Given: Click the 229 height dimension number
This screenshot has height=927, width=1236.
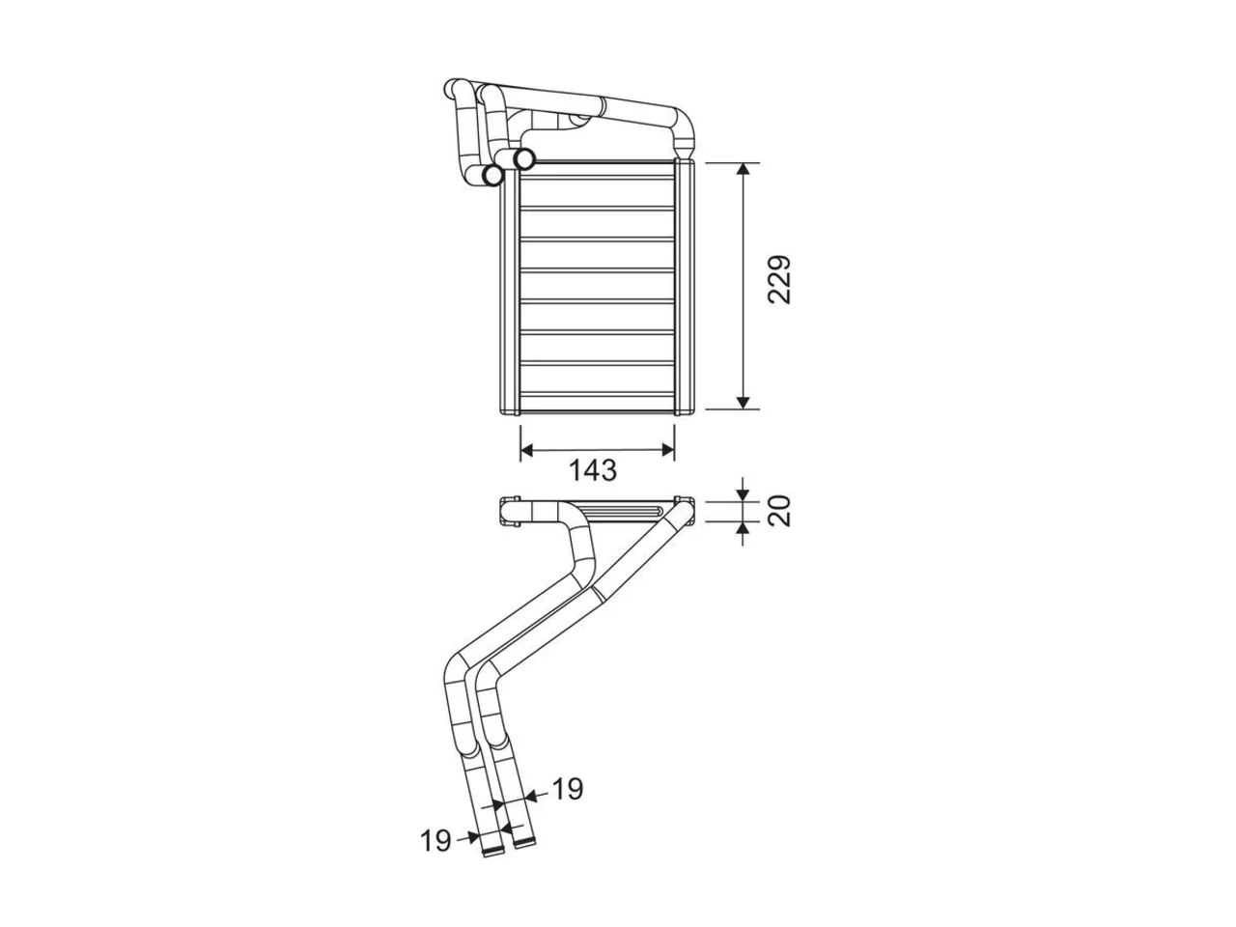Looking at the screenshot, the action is (x=778, y=280).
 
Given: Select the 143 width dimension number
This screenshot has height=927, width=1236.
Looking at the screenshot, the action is (x=593, y=470).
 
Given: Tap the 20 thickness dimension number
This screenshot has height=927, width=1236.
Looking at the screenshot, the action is (x=779, y=511).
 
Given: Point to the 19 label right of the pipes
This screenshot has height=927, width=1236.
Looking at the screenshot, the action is (x=568, y=789).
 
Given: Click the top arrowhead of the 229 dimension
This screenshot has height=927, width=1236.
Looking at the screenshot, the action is (x=743, y=169).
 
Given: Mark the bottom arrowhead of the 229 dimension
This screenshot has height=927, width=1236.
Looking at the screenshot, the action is (x=743, y=402).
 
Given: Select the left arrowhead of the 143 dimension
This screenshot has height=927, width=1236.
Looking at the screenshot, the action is (x=527, y=450).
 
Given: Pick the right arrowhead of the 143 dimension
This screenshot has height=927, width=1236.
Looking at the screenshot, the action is (x=667, y=450).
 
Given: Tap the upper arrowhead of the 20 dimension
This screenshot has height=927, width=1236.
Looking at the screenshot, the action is (x=743, y=495).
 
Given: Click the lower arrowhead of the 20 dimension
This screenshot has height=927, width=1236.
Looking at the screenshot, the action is (x=743, y=528).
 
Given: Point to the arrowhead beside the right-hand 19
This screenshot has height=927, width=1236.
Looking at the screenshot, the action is (x=530, y=796).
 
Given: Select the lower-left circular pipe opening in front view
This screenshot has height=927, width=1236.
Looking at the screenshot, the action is (x=493, y=176).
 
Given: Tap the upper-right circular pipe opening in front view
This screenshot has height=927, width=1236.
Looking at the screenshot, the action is (x=524, y=159).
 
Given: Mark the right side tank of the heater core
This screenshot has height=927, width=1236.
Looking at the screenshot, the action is (x=684, y=287).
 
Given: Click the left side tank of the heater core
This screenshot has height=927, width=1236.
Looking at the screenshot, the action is (x=510, y=292).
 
